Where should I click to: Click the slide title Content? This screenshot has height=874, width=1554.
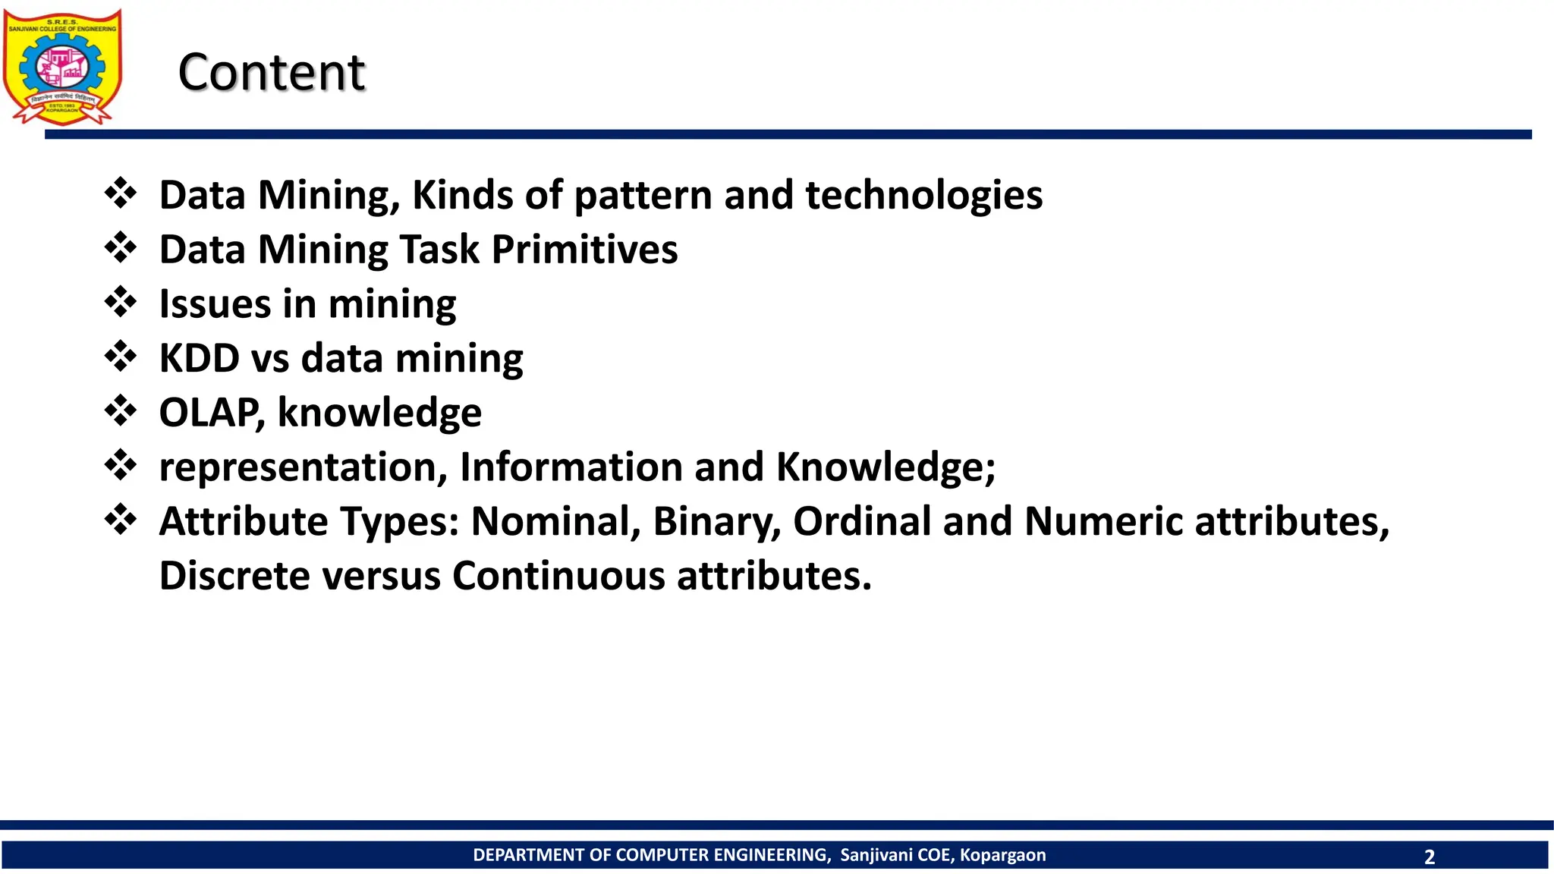(x=271, y=73)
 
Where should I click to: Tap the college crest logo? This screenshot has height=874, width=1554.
(x=62, y=67)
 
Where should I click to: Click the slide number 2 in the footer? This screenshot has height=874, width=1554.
(x=1430, y=857)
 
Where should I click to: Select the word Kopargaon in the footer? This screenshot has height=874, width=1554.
(x=1002, y=855)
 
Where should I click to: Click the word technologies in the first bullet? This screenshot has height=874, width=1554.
(x=923, y=195)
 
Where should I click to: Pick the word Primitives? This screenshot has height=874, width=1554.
(x=584, y=250)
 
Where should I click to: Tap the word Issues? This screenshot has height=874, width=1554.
(x=215, y=303)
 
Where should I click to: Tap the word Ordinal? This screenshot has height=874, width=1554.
(x=862, y=521)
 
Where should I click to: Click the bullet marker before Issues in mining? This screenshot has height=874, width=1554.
(x=121, y=302)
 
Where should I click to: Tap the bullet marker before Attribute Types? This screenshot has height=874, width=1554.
(x=121, y=520)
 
